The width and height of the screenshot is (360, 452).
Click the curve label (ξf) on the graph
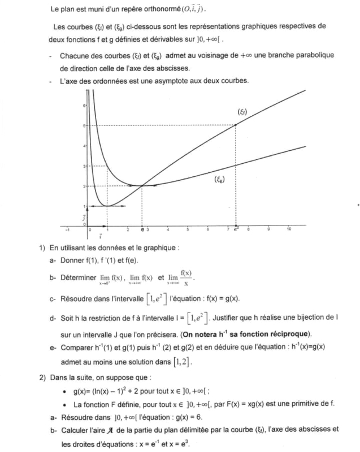[244, 112]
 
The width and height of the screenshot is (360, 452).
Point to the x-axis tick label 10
[289, 229]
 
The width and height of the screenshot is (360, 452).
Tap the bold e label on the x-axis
[142, 230]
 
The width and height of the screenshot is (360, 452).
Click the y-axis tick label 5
[84, 125]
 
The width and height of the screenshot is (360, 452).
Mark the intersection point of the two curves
[141, 186]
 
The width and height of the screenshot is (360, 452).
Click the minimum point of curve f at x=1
[107, 206]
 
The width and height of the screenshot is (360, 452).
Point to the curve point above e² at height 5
[235, 125]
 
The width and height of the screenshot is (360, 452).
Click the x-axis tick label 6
[208, 229]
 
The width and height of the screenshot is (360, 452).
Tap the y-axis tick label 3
[84, 166]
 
